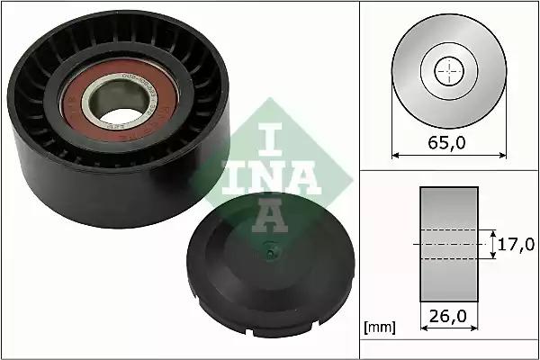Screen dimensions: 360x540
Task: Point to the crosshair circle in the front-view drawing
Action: [x=446, y=72]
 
